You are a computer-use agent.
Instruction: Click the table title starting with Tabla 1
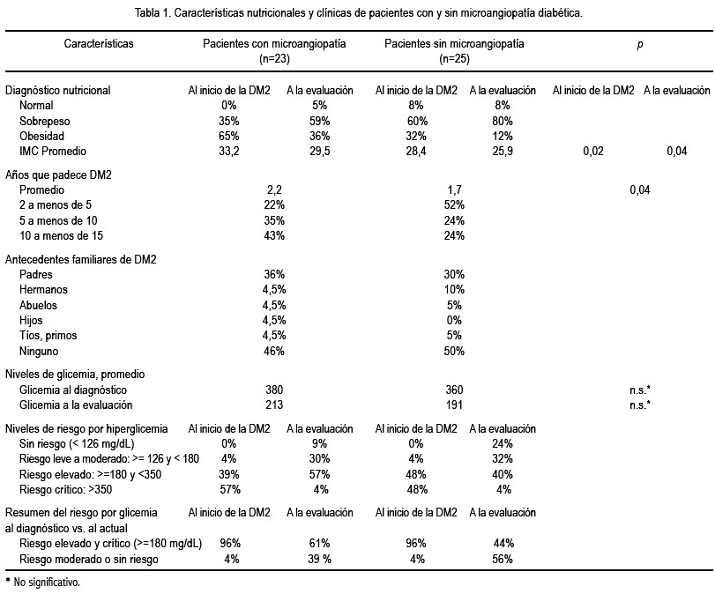coord(359,12)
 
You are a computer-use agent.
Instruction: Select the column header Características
coord(99,44)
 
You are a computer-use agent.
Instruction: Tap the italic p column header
coord(640,45)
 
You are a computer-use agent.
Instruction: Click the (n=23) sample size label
coord(274,59)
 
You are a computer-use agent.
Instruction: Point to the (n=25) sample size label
coord(454,59)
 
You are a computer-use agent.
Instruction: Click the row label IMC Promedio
coord(53,152)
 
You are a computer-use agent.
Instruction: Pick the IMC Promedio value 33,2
coord(229,152)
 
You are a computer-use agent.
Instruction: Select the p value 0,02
coord(593,152)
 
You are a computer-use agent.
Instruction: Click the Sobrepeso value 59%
coord(320,122)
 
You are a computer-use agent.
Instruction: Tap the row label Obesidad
coord(41,137)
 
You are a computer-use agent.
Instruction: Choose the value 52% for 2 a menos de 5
coord(454,205)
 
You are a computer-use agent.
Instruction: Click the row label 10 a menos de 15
coord(61,235)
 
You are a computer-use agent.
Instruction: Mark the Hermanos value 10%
coord(454,289)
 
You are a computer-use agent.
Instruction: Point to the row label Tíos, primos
coord(48,336)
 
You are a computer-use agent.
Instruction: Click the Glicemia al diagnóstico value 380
coord(274,390)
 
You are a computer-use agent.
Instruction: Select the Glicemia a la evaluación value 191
coord(454,405)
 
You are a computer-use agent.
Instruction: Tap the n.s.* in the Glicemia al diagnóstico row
coord(640,390)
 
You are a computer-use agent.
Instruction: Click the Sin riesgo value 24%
coord(503,443)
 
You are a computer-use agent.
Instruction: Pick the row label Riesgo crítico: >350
coord(65,490)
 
